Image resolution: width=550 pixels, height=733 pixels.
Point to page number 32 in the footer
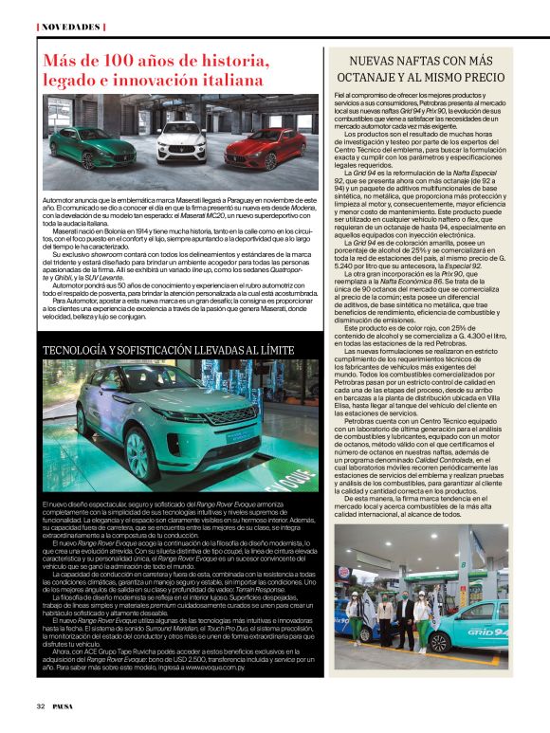click(41, 706)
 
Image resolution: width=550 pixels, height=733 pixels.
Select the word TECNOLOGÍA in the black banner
click(82, 351)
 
